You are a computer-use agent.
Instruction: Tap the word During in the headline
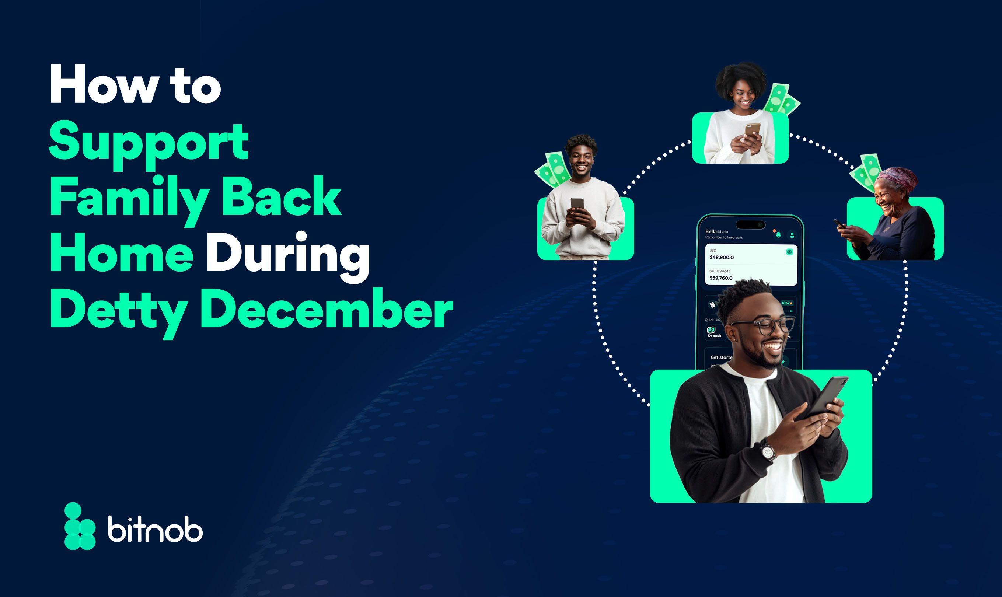287,256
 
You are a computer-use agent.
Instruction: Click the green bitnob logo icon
79,526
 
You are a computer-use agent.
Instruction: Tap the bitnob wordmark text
155,531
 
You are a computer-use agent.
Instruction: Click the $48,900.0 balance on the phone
722,258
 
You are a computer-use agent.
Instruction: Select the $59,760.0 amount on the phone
721,278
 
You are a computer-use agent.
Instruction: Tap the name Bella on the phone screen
711,231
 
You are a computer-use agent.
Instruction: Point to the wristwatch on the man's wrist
768,452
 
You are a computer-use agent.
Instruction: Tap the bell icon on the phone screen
778,234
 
